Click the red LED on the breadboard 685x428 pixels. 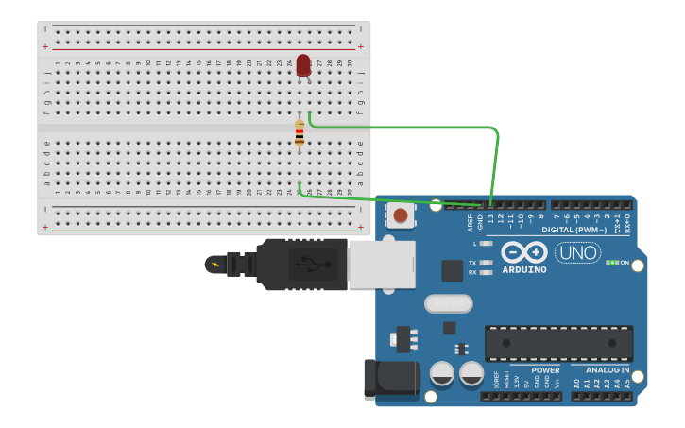(x=303, y=65)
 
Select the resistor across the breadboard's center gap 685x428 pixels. (x=300, y=133)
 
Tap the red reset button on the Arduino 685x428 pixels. (x=401, y=215)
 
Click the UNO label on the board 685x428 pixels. (x=577, y=252)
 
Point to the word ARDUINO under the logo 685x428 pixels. (x=524, y=270)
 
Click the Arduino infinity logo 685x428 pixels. (x=524, y=252)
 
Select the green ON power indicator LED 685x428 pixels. (x=612, y=262)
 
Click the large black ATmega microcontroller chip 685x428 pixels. (x=558, y=343)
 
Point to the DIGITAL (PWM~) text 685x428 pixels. (x=574, y=230)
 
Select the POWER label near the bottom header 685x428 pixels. (x=545, y=370)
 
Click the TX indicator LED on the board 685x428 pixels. (x=486, y=262)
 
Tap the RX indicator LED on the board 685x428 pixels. (x=486, y=272)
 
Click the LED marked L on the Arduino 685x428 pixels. (x=486, y=244)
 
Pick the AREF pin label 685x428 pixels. (x=471, y=223)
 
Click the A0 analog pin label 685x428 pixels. (x=577, y=384)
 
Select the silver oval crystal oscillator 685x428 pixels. (x=448, y=303)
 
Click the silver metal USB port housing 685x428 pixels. (x=382, y=264)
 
